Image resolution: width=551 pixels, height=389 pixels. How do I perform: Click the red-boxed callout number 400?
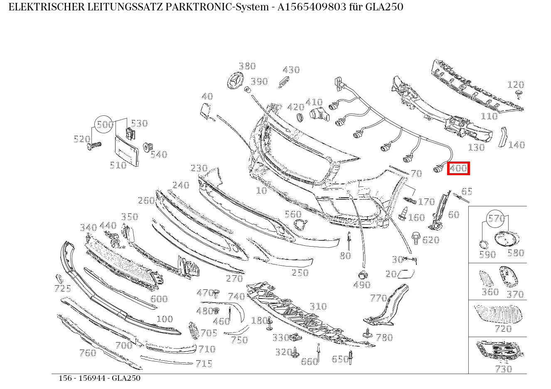(458, 168)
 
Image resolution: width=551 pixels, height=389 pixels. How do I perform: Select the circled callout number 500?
(104, 125)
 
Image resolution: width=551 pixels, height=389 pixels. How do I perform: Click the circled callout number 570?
(496, 218)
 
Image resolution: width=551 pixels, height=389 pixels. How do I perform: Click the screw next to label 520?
(95, 146)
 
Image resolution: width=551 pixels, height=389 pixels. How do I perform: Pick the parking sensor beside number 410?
(318, 114)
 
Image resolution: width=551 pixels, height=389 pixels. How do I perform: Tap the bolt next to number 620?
(415, 237)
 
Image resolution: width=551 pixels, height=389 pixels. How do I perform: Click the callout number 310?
(318, 306)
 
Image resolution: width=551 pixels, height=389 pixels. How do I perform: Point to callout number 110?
(489, 116)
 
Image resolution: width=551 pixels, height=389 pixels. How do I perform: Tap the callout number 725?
(62, 289)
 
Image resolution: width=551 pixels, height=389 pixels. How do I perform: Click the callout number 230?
(199, 168)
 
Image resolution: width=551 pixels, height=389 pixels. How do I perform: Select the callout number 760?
(87, 353)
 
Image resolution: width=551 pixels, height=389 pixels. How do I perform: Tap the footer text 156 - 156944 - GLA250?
(99, 378)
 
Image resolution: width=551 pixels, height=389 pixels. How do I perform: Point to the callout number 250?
(300, 273)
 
